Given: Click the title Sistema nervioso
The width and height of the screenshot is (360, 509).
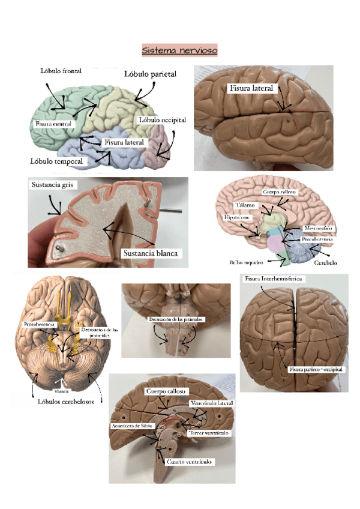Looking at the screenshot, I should coord(179,50).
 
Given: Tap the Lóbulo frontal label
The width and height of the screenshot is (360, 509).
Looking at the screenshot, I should coord(61,70).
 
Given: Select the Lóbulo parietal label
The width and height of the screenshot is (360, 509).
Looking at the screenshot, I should coord(150,74).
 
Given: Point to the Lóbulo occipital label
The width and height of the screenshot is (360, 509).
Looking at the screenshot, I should coord(161,119).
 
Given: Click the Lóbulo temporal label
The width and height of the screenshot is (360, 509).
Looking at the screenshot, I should coord(57,161).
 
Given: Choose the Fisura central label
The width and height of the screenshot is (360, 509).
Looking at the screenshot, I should coord(53,124).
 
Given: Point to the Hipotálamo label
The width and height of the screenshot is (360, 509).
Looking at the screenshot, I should coord(235,217).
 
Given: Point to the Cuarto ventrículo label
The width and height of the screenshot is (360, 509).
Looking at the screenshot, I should coord(189,462).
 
